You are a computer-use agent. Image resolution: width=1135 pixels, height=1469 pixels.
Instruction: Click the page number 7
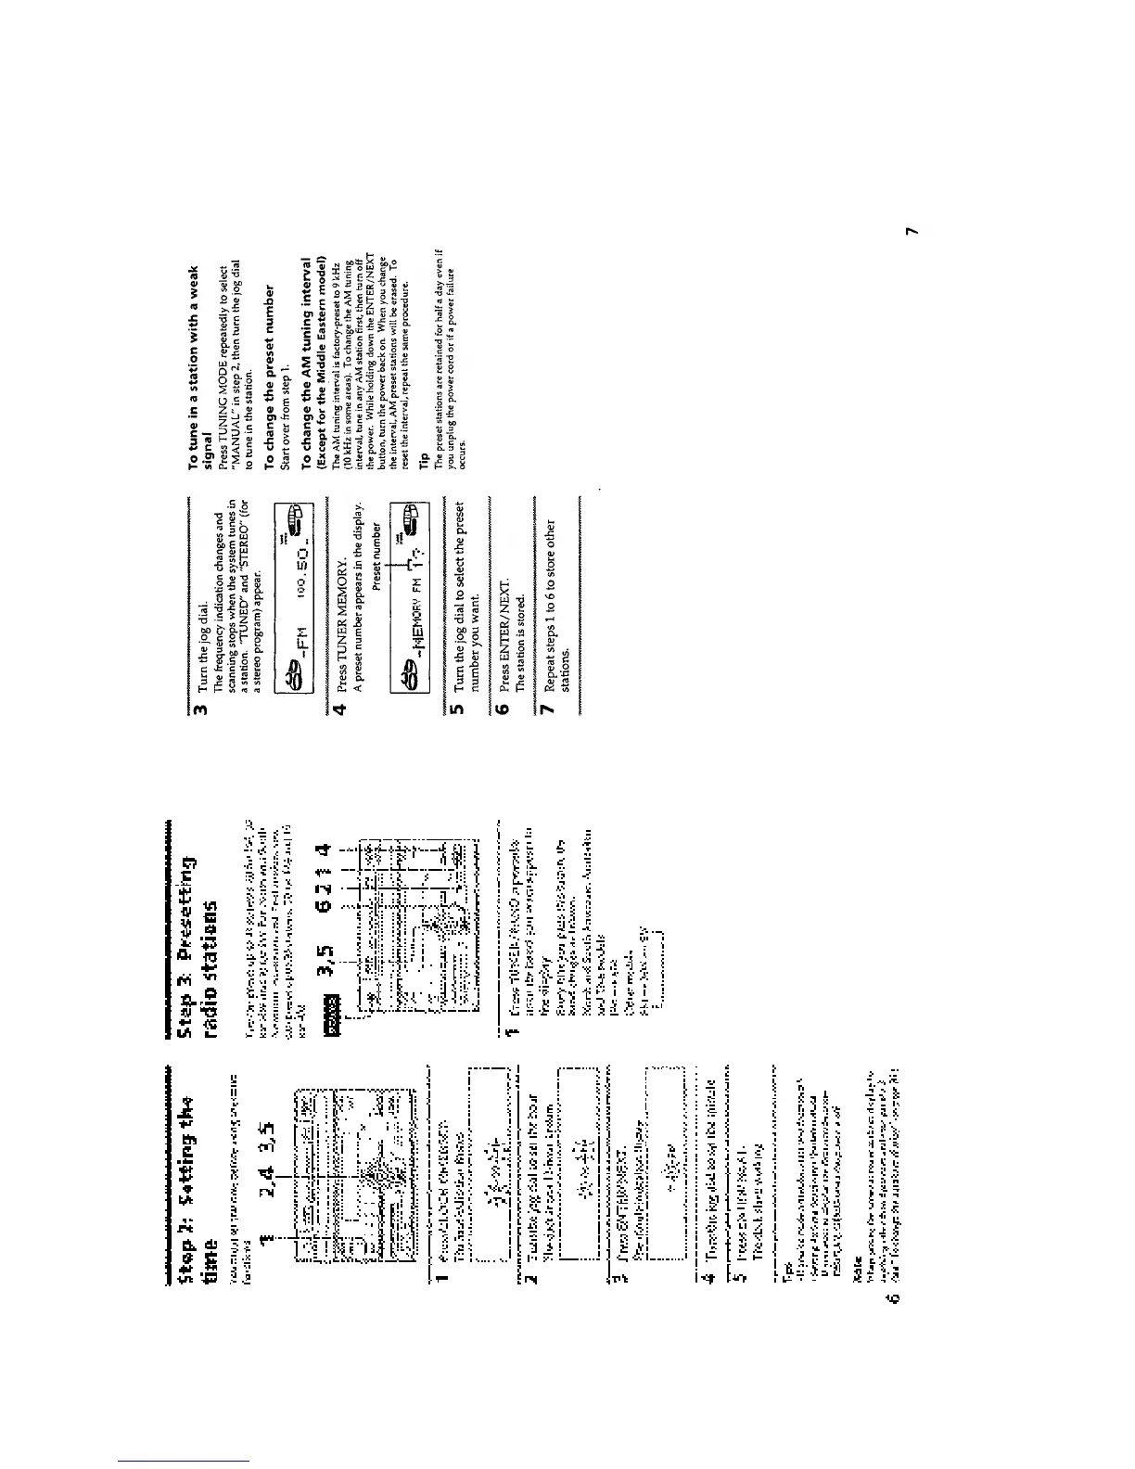click(913, 231)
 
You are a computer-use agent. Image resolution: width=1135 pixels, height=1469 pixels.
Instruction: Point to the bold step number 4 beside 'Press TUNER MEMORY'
click(340, 709)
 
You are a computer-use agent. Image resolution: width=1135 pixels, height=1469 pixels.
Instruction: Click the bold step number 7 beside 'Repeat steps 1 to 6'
click(547, 709)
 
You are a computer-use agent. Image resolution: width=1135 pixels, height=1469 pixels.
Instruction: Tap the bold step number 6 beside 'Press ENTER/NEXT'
click(503, 709)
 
